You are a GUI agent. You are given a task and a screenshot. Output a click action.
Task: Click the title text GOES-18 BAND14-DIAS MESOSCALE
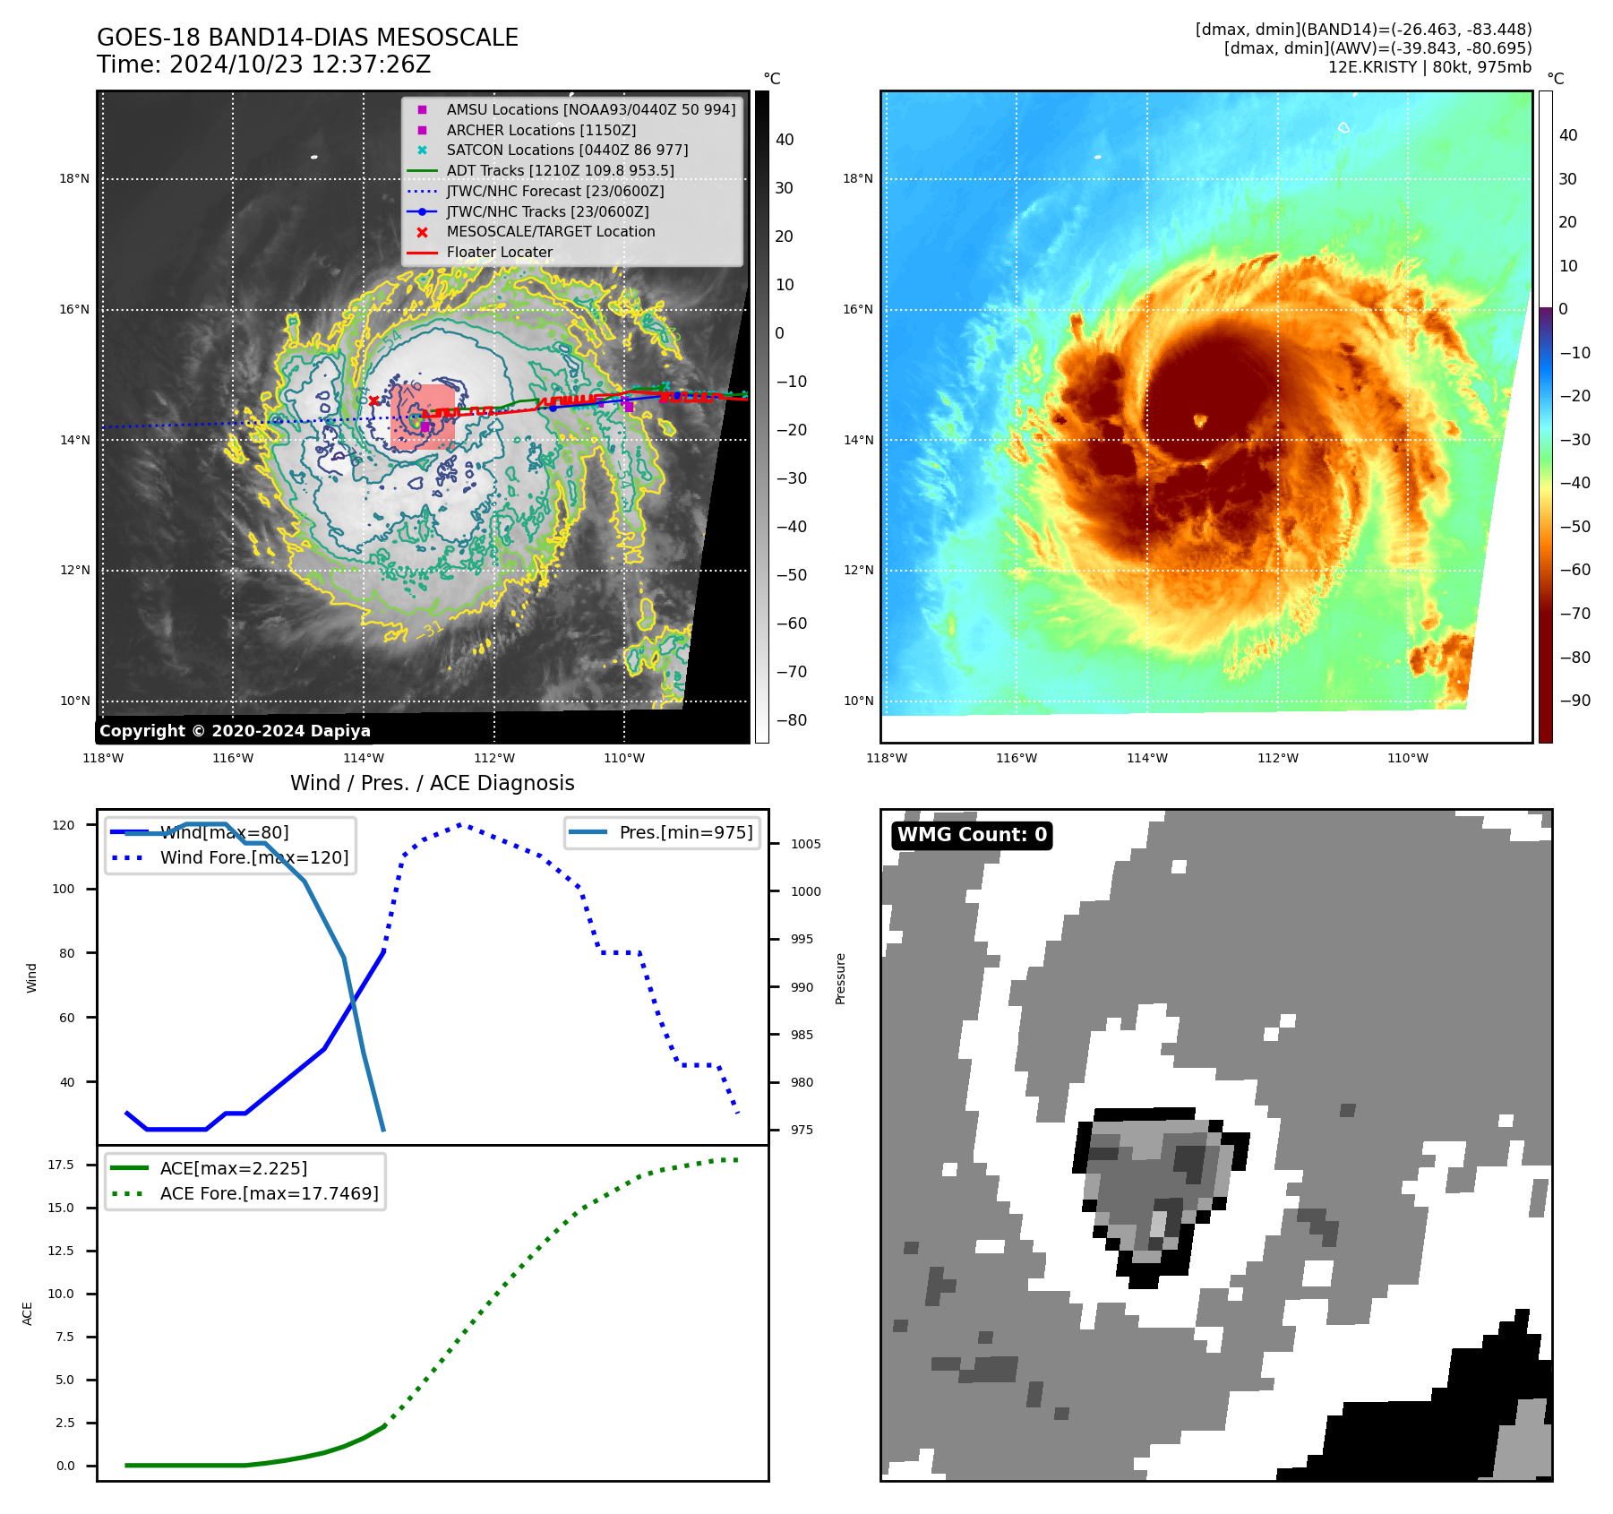307,38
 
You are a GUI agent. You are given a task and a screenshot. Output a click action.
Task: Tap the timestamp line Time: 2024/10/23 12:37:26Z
263,65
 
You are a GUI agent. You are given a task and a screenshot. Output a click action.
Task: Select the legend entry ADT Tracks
560,170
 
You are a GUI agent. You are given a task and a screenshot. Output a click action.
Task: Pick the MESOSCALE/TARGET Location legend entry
550,231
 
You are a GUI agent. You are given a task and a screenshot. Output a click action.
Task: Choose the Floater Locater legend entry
499,252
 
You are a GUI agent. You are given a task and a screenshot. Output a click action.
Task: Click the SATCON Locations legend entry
567,150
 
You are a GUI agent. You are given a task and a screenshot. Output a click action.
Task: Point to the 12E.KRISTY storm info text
1429,67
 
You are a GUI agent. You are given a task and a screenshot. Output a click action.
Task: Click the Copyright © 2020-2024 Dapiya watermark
235,730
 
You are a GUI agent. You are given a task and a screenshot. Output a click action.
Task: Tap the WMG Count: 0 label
972,835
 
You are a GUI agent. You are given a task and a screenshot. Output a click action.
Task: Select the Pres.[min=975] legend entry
685,832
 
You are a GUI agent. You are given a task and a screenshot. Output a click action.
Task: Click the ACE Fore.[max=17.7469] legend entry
269,1193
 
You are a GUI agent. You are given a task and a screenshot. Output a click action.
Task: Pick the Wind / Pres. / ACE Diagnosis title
432,783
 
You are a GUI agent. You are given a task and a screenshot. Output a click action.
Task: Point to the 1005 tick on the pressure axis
805,844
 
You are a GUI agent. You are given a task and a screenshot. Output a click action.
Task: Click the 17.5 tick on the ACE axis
61,1165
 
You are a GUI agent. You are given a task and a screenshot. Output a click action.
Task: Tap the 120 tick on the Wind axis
64,825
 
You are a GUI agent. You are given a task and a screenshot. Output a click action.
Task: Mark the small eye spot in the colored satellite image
1200,419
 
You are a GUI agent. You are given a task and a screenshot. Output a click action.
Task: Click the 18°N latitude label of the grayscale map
74,179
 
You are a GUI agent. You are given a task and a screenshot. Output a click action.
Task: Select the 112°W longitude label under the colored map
1277,758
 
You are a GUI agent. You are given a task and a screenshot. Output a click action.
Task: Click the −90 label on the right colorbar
1574,701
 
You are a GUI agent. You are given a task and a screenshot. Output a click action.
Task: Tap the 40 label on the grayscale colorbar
785,140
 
